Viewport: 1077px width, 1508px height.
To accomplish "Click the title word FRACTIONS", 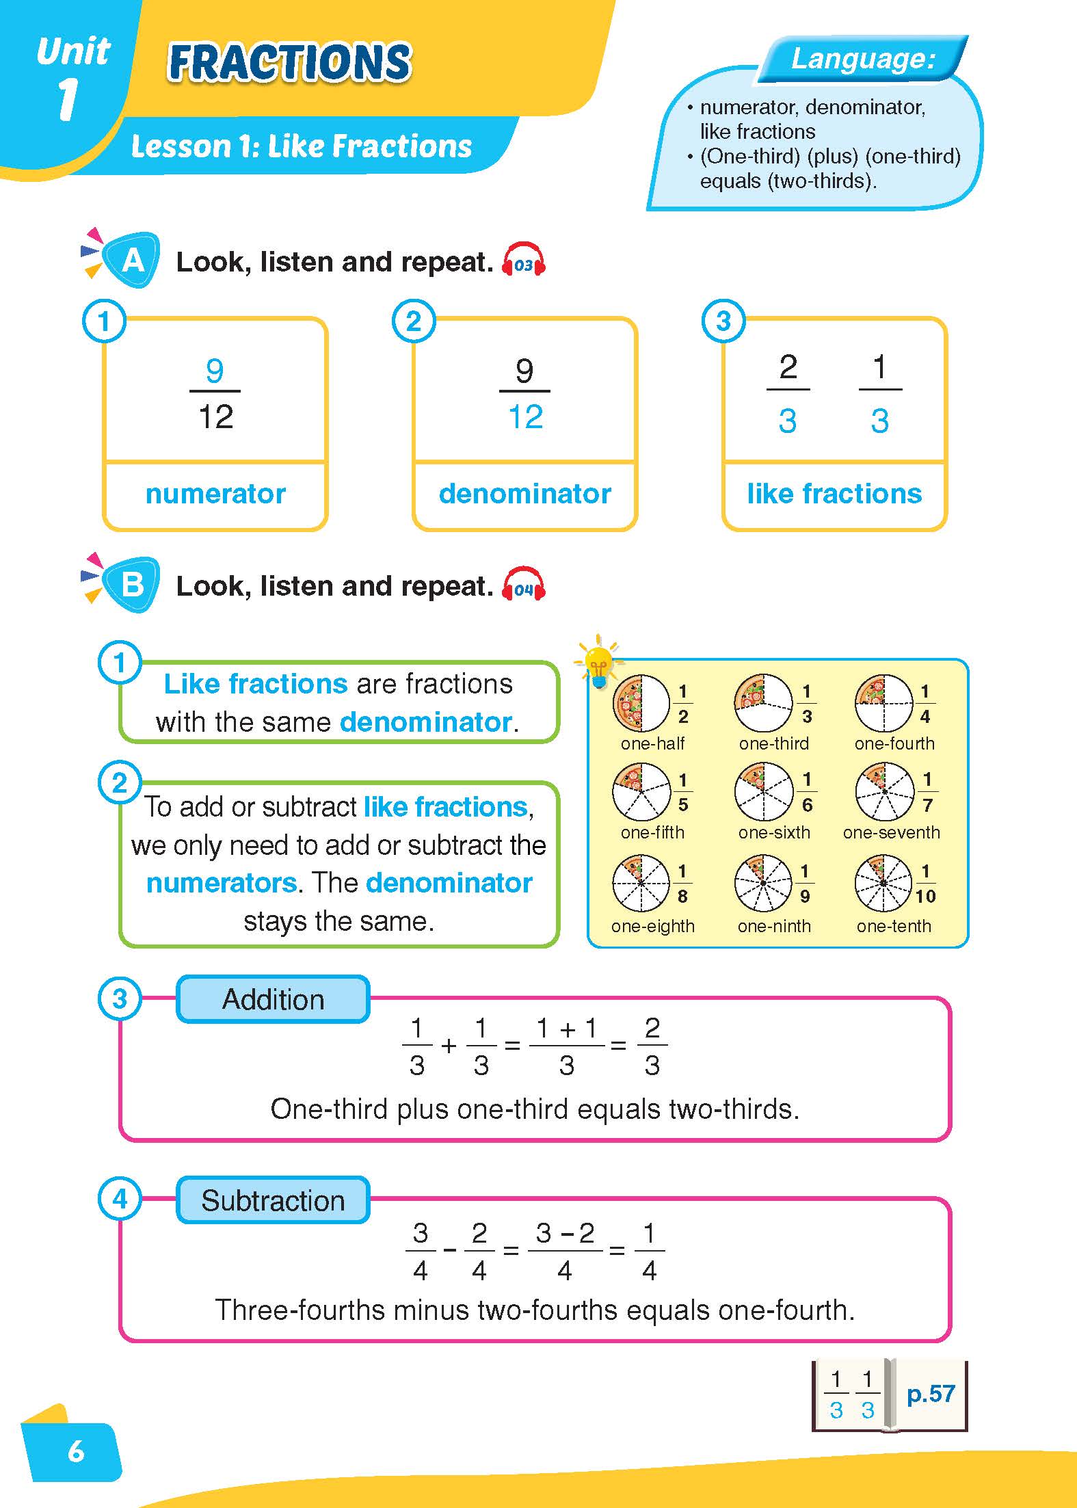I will pos(289,63).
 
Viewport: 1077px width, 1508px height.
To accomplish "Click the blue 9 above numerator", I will pos(215,371).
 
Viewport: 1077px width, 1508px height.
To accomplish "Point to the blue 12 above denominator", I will pos(525,416).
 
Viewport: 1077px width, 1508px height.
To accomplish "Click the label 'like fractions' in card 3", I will pos(834,493).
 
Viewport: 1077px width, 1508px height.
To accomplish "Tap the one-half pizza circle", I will pos(641,703).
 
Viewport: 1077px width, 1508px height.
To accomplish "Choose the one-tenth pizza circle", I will pos(883,883).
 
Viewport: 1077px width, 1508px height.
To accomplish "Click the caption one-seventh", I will pos(892,832).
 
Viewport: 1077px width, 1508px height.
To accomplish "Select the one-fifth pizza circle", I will pos(641,792).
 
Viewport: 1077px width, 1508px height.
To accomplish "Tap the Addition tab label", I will pos(273,999).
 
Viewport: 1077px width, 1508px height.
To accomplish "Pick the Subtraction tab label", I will pos(273,1200).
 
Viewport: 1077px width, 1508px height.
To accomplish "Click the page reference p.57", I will pos(930,1393).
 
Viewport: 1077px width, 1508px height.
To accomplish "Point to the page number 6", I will pos(76,1451).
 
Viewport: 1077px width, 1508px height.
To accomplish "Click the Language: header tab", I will pos(863,59).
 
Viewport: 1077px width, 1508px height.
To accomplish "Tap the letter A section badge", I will pos(133,261).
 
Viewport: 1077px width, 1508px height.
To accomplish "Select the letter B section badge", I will pos(133,585).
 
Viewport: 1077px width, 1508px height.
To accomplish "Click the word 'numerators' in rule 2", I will pos(222,883).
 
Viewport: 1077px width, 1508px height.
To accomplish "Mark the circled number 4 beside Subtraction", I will pos(120,1199).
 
